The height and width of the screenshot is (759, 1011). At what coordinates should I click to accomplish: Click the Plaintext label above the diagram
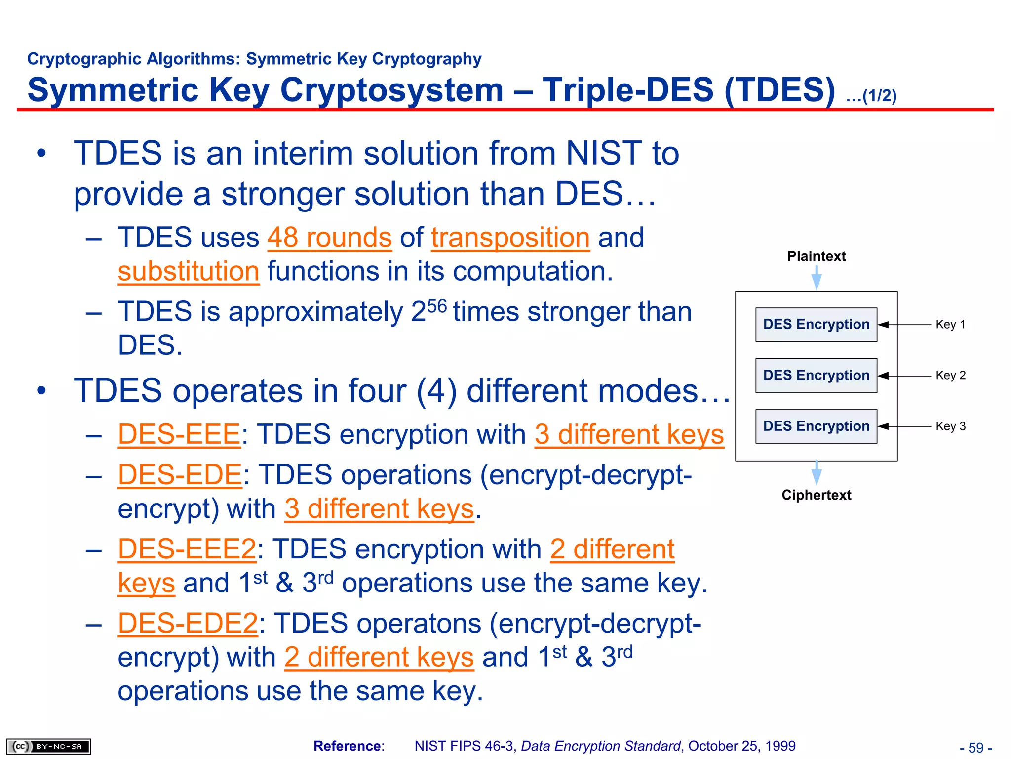pyautogui.click(x=816, y=256)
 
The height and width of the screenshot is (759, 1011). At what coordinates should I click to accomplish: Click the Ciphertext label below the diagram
pyautogui.click(x=816, y=495)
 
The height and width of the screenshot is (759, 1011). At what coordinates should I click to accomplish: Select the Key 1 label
pyautogui.click(x=950, y=325)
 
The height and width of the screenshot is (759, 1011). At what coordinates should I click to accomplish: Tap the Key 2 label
pyautogui.click(x=950, y=376)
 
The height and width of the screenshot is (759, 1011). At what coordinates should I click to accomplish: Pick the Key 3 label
pyautogui.click(x=950, y=426)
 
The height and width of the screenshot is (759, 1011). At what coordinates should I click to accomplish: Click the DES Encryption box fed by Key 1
pyautogui.click(x=816, y=325)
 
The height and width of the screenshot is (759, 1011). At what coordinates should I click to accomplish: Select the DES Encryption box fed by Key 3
pyautogui.click(x=816, y=426)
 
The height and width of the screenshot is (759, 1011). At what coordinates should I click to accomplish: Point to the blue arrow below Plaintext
pyautogui.click(x=817, y=278)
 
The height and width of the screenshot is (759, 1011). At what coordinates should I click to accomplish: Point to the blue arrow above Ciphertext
pyautogui.click(x=817, y=473)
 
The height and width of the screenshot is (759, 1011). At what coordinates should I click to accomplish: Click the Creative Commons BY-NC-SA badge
pyautogui.click(x=48, y=746)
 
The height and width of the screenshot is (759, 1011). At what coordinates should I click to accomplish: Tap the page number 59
pyautogui.click(x=976, y=747)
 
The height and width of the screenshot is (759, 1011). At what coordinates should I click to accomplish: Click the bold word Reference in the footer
pyautogui.click(x=348, y=746)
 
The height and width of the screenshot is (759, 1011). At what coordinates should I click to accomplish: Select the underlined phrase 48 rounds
pyautogui.click(x=330, y=238)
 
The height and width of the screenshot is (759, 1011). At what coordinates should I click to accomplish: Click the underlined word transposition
pyautogui.click(x=510, y=238)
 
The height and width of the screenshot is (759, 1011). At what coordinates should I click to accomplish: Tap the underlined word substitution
pyautogui.click(x=189, y=272)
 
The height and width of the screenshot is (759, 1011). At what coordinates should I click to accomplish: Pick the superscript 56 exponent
pyautogui.click(x=437, y=306)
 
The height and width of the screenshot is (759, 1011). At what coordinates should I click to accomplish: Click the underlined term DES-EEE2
pyautogui.click(x=187, y=549)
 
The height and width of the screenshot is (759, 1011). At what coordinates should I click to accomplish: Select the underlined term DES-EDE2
pyautogui.click(x=188, y=623)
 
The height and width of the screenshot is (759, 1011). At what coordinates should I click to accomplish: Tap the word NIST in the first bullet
pyautogui.click(x=603, y=153)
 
